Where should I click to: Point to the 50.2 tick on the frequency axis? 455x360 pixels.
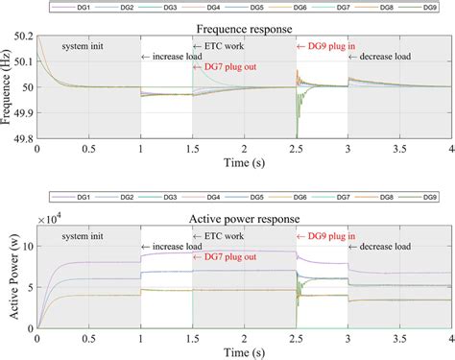(21, 36)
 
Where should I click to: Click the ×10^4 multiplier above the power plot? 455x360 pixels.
(53, 220)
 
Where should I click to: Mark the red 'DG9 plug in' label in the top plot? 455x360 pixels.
(327, 46)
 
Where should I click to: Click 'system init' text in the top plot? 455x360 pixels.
(88, 46)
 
